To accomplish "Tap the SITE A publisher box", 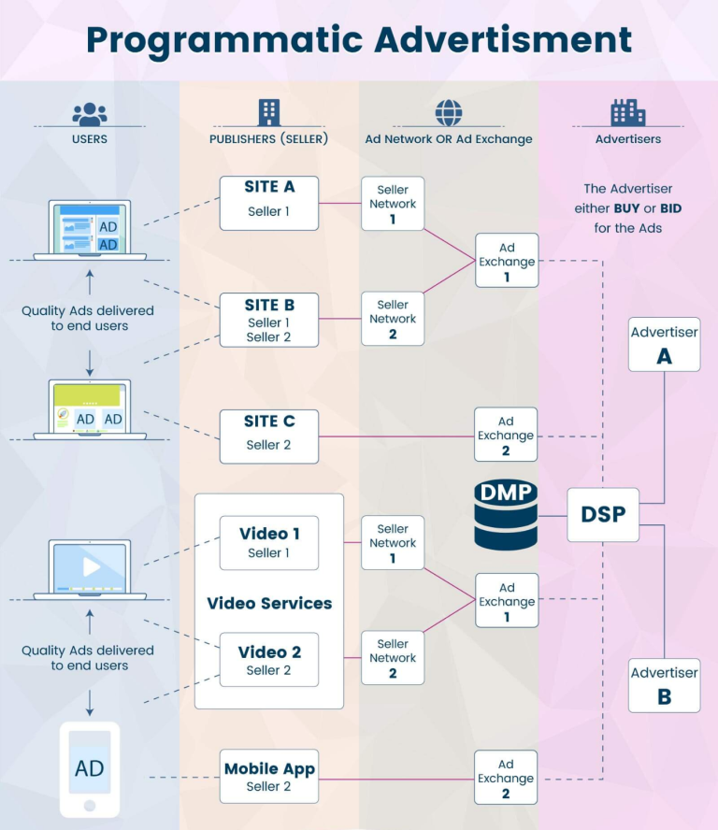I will (269, 202).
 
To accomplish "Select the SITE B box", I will (269, 320).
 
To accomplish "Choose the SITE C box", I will (269, 436).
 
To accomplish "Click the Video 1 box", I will (269, 543).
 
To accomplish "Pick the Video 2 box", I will (269, 660).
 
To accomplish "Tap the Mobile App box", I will (269, 777).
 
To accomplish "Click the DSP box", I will (603, 514).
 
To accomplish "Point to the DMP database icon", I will (505, 515).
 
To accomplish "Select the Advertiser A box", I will (665, 344).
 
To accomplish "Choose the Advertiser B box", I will (665, 685).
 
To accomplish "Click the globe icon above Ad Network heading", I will (449, 113).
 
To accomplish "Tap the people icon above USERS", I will (90, 114).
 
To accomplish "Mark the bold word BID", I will (668, 208).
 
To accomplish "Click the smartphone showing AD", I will (90, 769).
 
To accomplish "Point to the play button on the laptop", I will (91, 566).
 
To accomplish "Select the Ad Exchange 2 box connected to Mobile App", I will (506, 777).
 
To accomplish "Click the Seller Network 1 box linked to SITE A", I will (393, 204).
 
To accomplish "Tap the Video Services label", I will (269, 604).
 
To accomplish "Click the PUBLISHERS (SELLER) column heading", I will (269, 139).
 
